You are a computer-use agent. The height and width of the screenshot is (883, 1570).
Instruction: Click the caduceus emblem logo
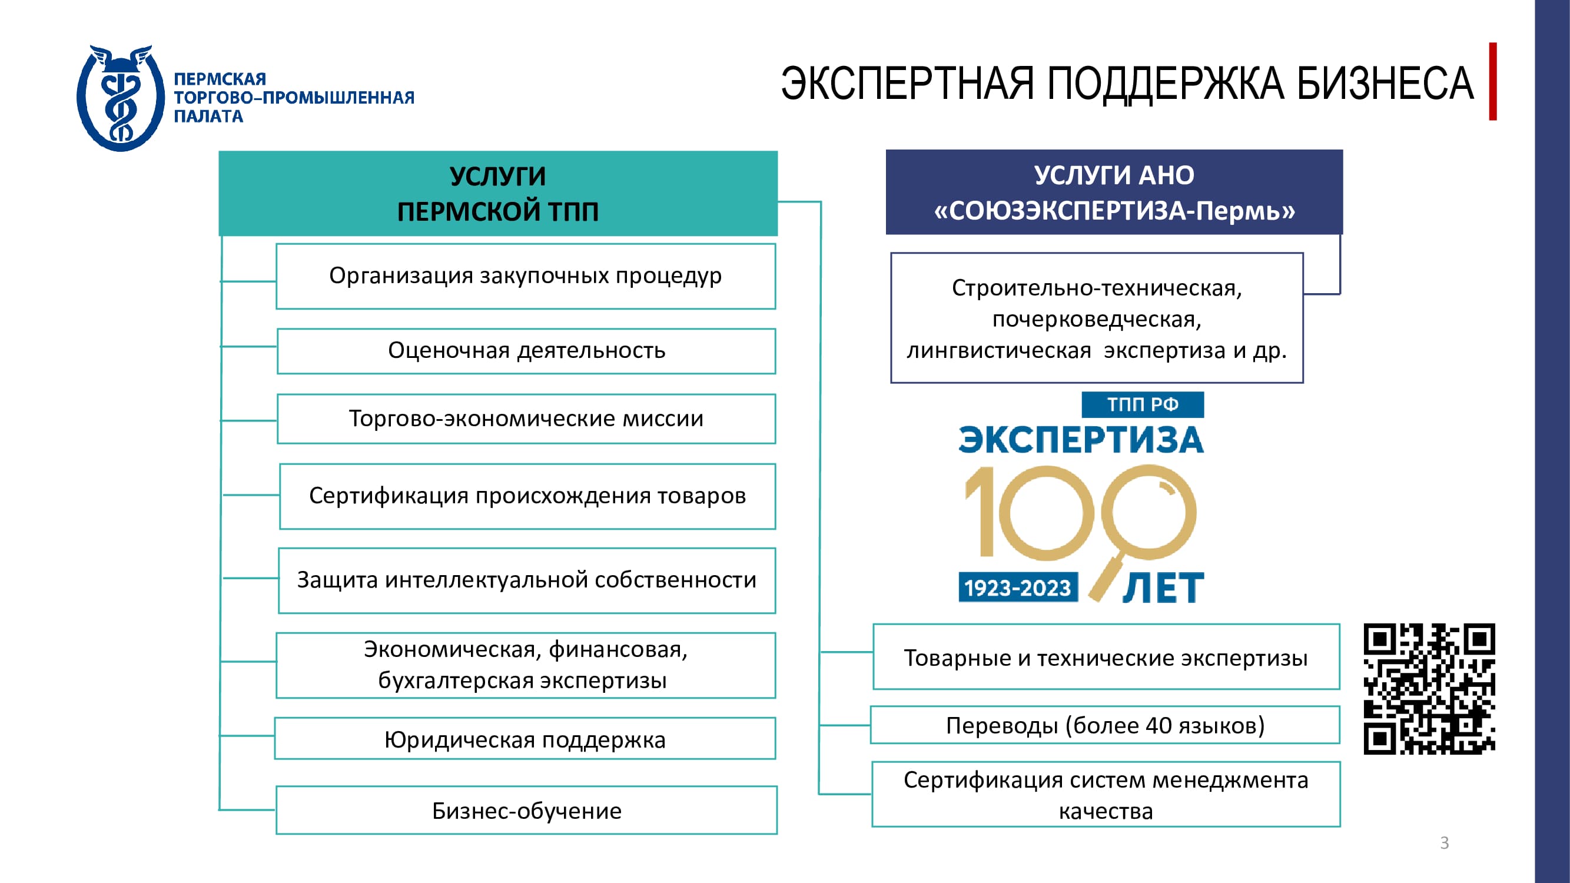[121, 98]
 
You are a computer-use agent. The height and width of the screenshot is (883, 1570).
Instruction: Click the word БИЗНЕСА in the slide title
[1385, 84]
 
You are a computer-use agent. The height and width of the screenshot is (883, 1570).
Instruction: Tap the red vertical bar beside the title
[1493, 81]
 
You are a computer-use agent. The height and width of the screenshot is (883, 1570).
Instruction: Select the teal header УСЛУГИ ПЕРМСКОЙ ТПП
[498, 193]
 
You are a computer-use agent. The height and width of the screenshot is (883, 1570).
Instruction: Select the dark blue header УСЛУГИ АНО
[1114, 192]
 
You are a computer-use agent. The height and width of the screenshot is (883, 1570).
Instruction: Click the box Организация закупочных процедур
[525, 276]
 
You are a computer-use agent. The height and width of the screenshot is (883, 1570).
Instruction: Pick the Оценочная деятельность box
[526, 351]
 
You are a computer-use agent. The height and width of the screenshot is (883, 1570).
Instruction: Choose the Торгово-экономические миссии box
[526, 419]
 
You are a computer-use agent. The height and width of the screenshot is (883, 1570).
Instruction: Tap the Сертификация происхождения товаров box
[527, 496]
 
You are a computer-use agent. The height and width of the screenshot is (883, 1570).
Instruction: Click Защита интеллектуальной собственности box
[527, 580]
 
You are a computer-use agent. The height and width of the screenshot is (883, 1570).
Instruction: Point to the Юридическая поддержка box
[525, 738]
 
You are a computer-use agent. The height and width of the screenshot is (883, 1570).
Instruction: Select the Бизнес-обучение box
[527, 810]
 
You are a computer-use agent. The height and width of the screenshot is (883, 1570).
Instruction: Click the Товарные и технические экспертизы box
[1106, 656]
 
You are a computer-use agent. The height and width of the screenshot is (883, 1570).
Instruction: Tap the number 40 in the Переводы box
[1159, 725]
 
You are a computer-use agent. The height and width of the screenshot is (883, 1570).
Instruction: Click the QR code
[1429, 689]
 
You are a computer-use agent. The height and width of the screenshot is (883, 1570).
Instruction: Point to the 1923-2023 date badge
[1018, 587]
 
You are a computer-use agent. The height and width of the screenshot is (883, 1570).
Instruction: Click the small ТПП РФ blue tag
[1142, 404]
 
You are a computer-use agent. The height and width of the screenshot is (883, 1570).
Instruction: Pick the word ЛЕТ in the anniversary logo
[1163, 588]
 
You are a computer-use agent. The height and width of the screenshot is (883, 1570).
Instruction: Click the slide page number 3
[1444, 843]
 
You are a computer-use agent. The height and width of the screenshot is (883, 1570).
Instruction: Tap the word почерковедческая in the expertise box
[1097, 319]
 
